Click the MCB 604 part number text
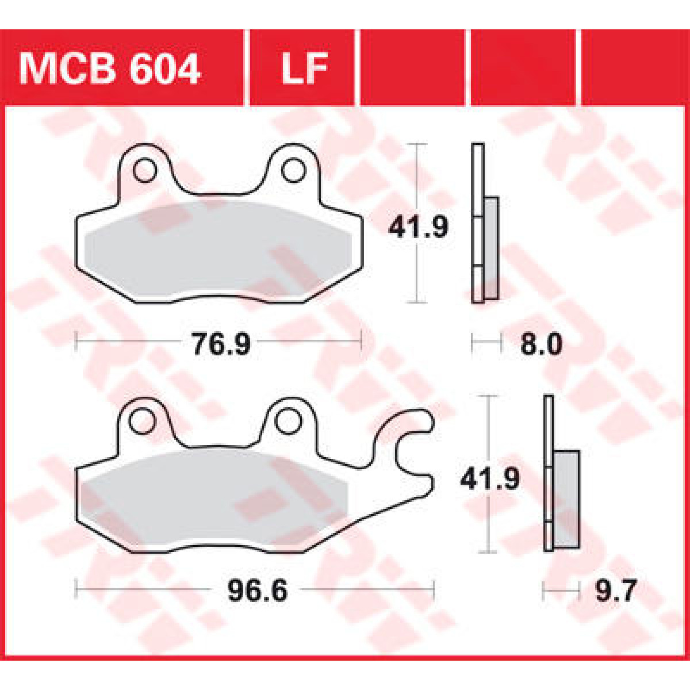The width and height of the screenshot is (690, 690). (x=109, y=69)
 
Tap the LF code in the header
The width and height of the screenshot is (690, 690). (x=304, y=69)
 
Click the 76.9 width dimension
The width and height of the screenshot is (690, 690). (x=221, y=345)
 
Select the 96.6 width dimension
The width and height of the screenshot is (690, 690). (x=257, y=591)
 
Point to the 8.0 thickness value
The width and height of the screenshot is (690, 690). (x=540, y=345)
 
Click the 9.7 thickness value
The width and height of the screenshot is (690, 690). (x=615, y=591)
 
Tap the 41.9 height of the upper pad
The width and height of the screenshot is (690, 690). (x=418, y=228)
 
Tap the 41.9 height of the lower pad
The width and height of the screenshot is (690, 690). (x=489, y=479)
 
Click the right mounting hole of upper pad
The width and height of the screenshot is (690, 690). (x=293, y=170)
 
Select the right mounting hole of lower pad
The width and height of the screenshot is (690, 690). (x=287, y=422)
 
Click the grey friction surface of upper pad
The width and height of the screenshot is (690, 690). (x=218, y=247)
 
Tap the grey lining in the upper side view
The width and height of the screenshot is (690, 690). (x=491, y=247)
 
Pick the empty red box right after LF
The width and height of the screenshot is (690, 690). (x=412, y=68)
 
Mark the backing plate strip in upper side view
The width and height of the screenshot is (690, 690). (x=477, y=224)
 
